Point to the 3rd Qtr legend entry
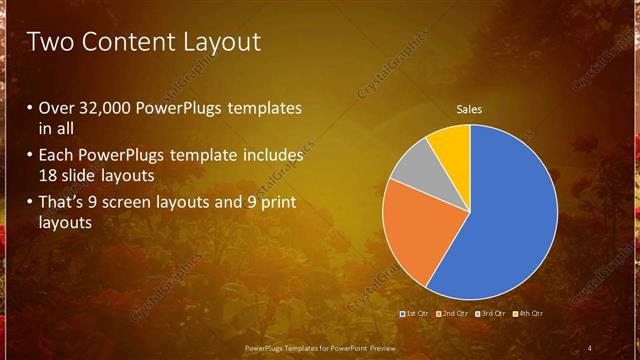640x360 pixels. [491, 314]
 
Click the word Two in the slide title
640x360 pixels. [50, 42]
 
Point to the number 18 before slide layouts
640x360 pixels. [48, 175]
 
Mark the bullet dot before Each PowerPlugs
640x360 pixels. [31, 157]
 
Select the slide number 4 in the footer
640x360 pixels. [590, 347]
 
